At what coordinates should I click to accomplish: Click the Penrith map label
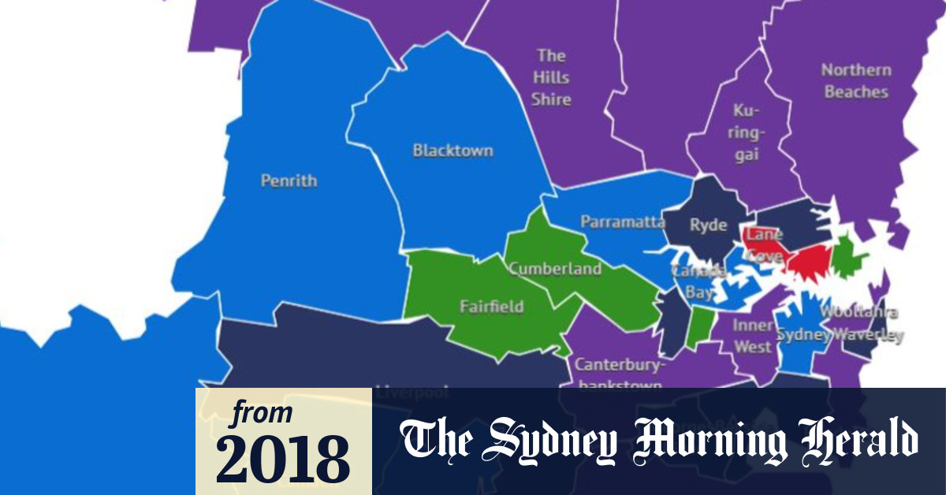click(x=289, y=181)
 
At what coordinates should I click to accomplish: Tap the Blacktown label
click(x=453, y=151)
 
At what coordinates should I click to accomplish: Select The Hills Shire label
click(x=550, y=77)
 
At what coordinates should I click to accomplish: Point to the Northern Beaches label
click(x=856, y=81)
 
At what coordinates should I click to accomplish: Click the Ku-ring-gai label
click(x=746, y=132)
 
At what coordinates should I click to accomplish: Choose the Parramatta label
click(x=623, y=222)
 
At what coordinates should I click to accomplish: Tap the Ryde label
click(x=708, y=225)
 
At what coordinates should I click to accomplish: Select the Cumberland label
click(x=554, y=269)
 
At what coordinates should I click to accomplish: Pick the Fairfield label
click(x=491, y=306)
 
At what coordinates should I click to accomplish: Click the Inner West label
click(x=753, y=336)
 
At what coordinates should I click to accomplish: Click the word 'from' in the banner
click(x=263, y=413)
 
